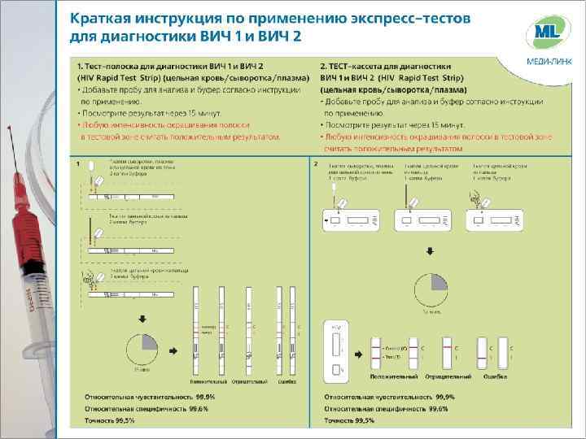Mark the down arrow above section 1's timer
[143, 318]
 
